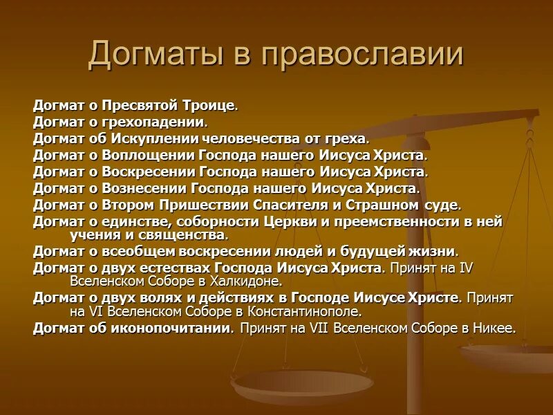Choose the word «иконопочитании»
coord(167,328)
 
